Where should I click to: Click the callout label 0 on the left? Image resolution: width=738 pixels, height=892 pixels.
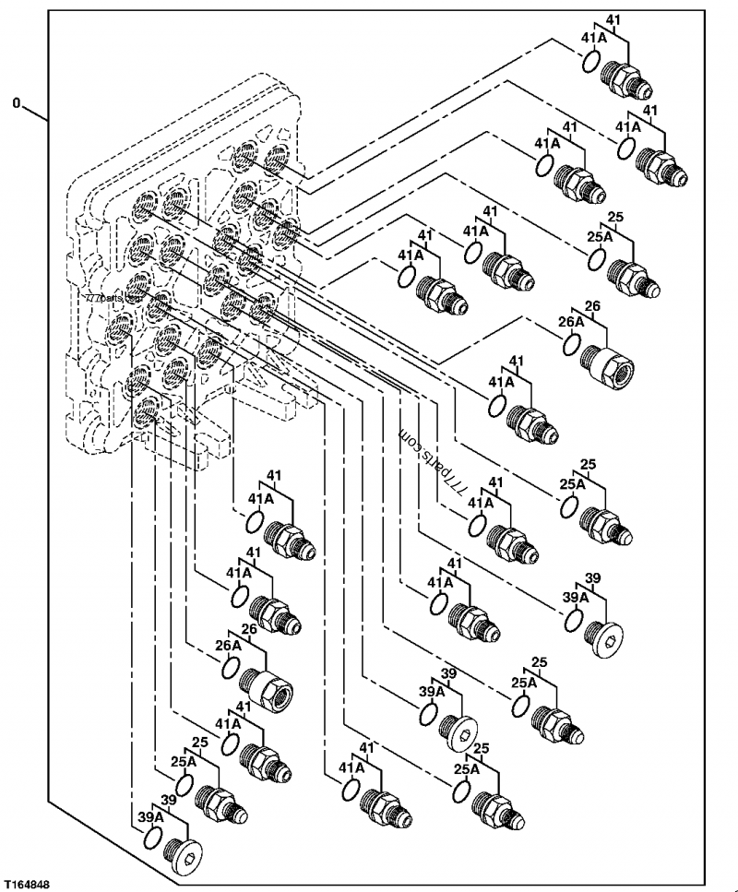click(x=17, y=103)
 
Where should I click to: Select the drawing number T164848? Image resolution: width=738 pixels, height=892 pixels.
click(x=26, y=885)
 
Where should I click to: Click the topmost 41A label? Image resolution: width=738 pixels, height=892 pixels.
click(x=593, y=38)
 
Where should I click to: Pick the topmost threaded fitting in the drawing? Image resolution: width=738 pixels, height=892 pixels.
click(x=625, y=79)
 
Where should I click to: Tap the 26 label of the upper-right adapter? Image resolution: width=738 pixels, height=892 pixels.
click(x=592, y=306)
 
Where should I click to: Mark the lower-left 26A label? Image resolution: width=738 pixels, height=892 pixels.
click(x=228, y=647)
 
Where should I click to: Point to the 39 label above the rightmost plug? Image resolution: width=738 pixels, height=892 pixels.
click(x=593, y=578)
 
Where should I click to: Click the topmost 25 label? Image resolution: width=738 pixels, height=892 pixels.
click(x=615, y=217)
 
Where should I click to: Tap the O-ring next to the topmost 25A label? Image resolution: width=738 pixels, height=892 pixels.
click(x=596, y=259)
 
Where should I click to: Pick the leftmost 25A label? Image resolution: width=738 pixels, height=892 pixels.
click(x=184, y=761)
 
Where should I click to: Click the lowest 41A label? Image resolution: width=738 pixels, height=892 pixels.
click(x=351, y=768)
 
